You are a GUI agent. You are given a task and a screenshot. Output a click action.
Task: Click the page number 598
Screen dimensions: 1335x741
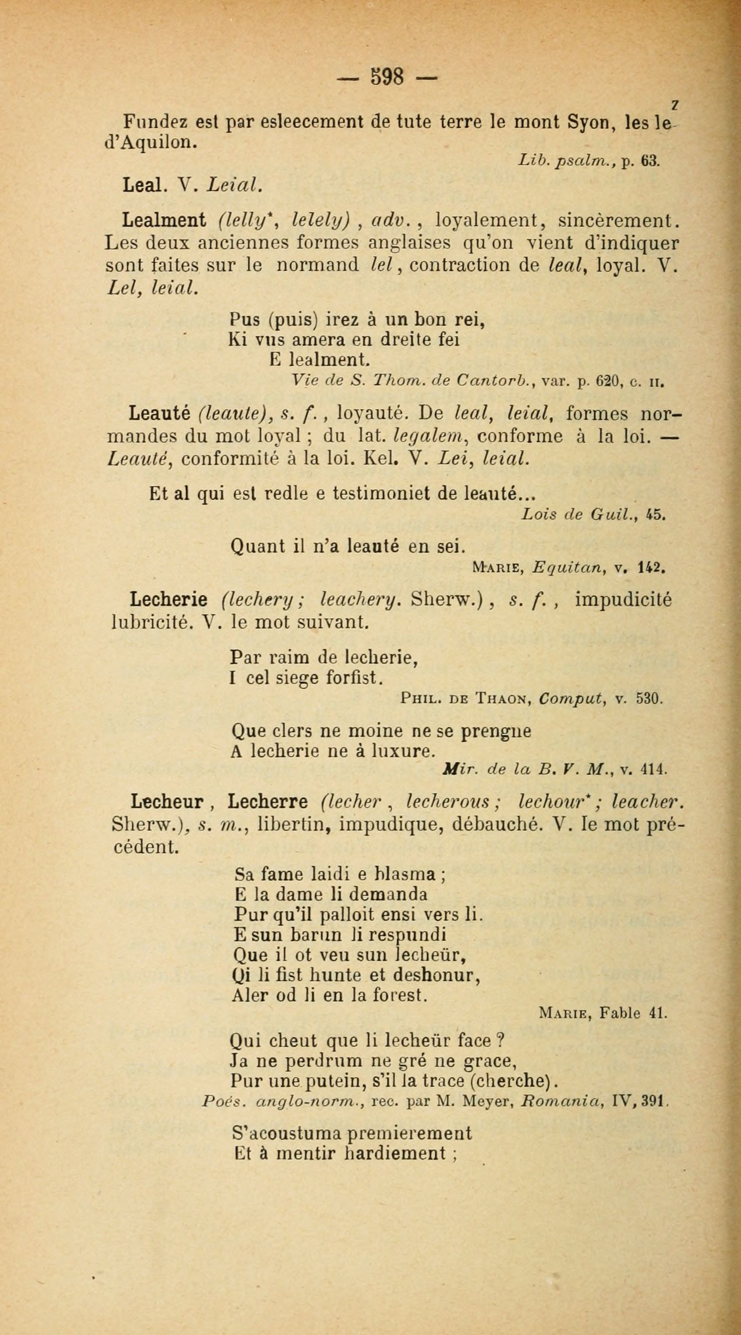pyautogui.click(x=387, y=77)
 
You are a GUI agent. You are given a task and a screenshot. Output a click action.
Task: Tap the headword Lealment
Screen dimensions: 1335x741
pyautogui.click(x=164, y=221)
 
